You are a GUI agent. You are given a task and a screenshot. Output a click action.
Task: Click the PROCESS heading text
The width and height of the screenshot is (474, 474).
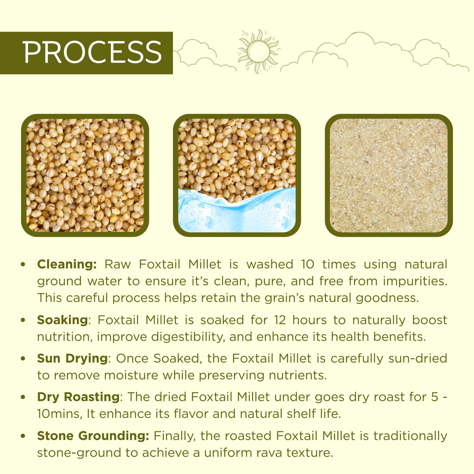(92, 52)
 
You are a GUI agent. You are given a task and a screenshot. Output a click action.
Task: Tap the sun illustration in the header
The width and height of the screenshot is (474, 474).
(258, 51)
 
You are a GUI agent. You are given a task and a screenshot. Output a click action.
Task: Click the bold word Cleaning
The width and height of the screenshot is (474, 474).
(67, 264)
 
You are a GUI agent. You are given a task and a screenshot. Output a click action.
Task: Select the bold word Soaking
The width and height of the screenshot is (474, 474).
(62, 320)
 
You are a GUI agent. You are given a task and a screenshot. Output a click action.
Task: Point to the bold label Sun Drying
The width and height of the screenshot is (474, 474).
(72, 358)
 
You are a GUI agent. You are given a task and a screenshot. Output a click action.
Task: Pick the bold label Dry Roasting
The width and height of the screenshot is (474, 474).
(78, 397)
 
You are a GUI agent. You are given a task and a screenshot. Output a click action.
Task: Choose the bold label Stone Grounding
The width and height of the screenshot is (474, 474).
(93, 436)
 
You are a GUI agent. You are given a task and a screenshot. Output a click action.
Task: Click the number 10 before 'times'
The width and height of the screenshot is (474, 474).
(307, 264)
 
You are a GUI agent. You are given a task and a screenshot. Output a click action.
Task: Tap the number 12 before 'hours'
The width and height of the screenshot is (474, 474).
(280, 320)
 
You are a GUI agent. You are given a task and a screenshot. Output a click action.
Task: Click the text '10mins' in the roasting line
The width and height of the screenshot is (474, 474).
(59, 414)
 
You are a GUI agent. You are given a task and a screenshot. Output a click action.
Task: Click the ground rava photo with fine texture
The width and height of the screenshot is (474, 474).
(389, 175)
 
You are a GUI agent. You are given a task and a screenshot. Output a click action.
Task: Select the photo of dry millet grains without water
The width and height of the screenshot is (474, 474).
(85, 175)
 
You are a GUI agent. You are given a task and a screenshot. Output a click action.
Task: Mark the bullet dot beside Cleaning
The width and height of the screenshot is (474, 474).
(23, 264)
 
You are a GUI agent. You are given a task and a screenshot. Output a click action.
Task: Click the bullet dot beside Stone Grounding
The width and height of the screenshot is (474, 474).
(23, 436)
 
